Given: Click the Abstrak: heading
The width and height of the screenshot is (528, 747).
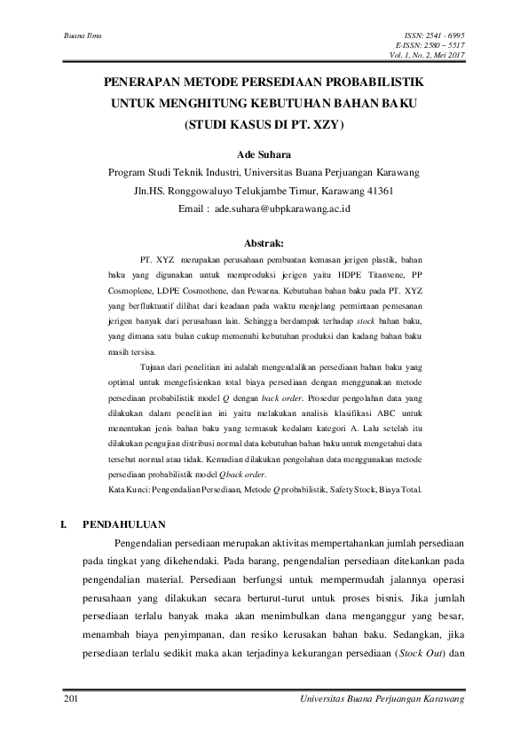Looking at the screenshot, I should coord(264,242).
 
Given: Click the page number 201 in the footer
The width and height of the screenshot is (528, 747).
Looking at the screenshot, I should coord(73,701).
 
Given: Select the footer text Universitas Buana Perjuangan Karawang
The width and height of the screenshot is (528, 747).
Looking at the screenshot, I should coord(384,701).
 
